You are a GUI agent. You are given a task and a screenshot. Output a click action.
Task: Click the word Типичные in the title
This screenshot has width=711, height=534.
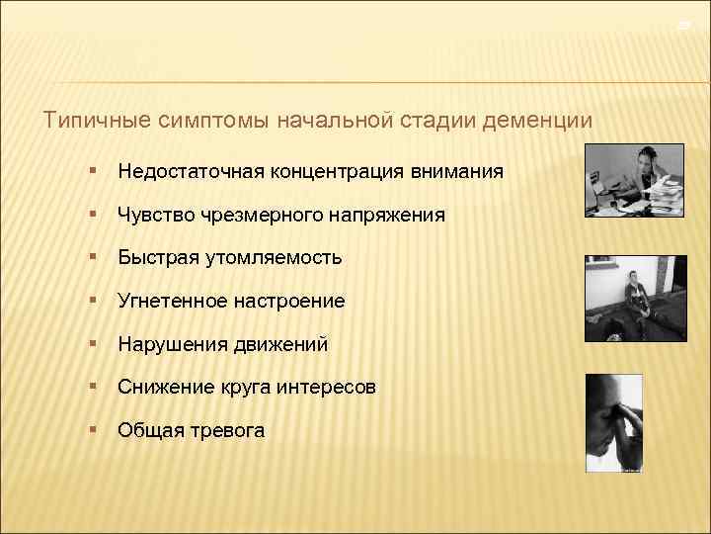[x=92, y=121]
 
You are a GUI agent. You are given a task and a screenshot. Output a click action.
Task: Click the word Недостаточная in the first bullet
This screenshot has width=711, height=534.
[x=186, y=172]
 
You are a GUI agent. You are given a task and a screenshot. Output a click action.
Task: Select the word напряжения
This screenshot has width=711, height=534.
[x=388, y=215]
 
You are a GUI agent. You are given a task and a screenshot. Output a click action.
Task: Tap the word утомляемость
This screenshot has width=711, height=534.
[x=274, y=258]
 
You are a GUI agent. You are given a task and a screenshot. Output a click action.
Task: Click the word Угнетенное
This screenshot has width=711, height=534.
[x=166, y=301]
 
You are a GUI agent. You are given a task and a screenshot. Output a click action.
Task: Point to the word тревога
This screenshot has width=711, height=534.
[x=229, y=430]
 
